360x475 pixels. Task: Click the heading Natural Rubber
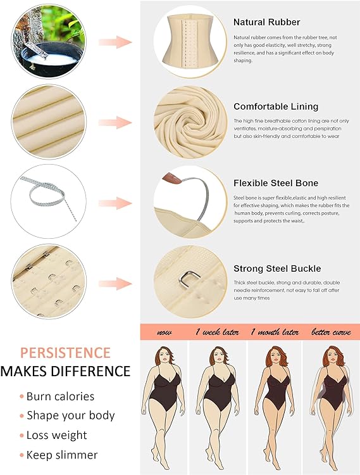coord(266,22)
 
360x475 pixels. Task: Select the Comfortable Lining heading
coord(276,106)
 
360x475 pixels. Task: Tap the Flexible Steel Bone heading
coord(276,183)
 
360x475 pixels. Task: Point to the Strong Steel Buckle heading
coord(277,269)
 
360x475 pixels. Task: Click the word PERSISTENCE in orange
coord(65,353)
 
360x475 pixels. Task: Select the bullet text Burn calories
coord(60,396)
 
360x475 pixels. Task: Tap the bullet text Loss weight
coord(56,435)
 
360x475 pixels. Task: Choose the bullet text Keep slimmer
coord(62,455)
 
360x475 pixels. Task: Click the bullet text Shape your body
coord(71,415)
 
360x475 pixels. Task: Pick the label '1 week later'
coord(217,332)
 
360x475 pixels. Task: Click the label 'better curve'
coord(331,332)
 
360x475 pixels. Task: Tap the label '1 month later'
coord(275,332)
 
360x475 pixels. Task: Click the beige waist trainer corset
coord(190,40)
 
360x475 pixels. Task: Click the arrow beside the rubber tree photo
coord(115,42)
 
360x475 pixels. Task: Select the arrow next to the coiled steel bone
coord(115,203)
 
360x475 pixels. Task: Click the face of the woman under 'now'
coord(164,357)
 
